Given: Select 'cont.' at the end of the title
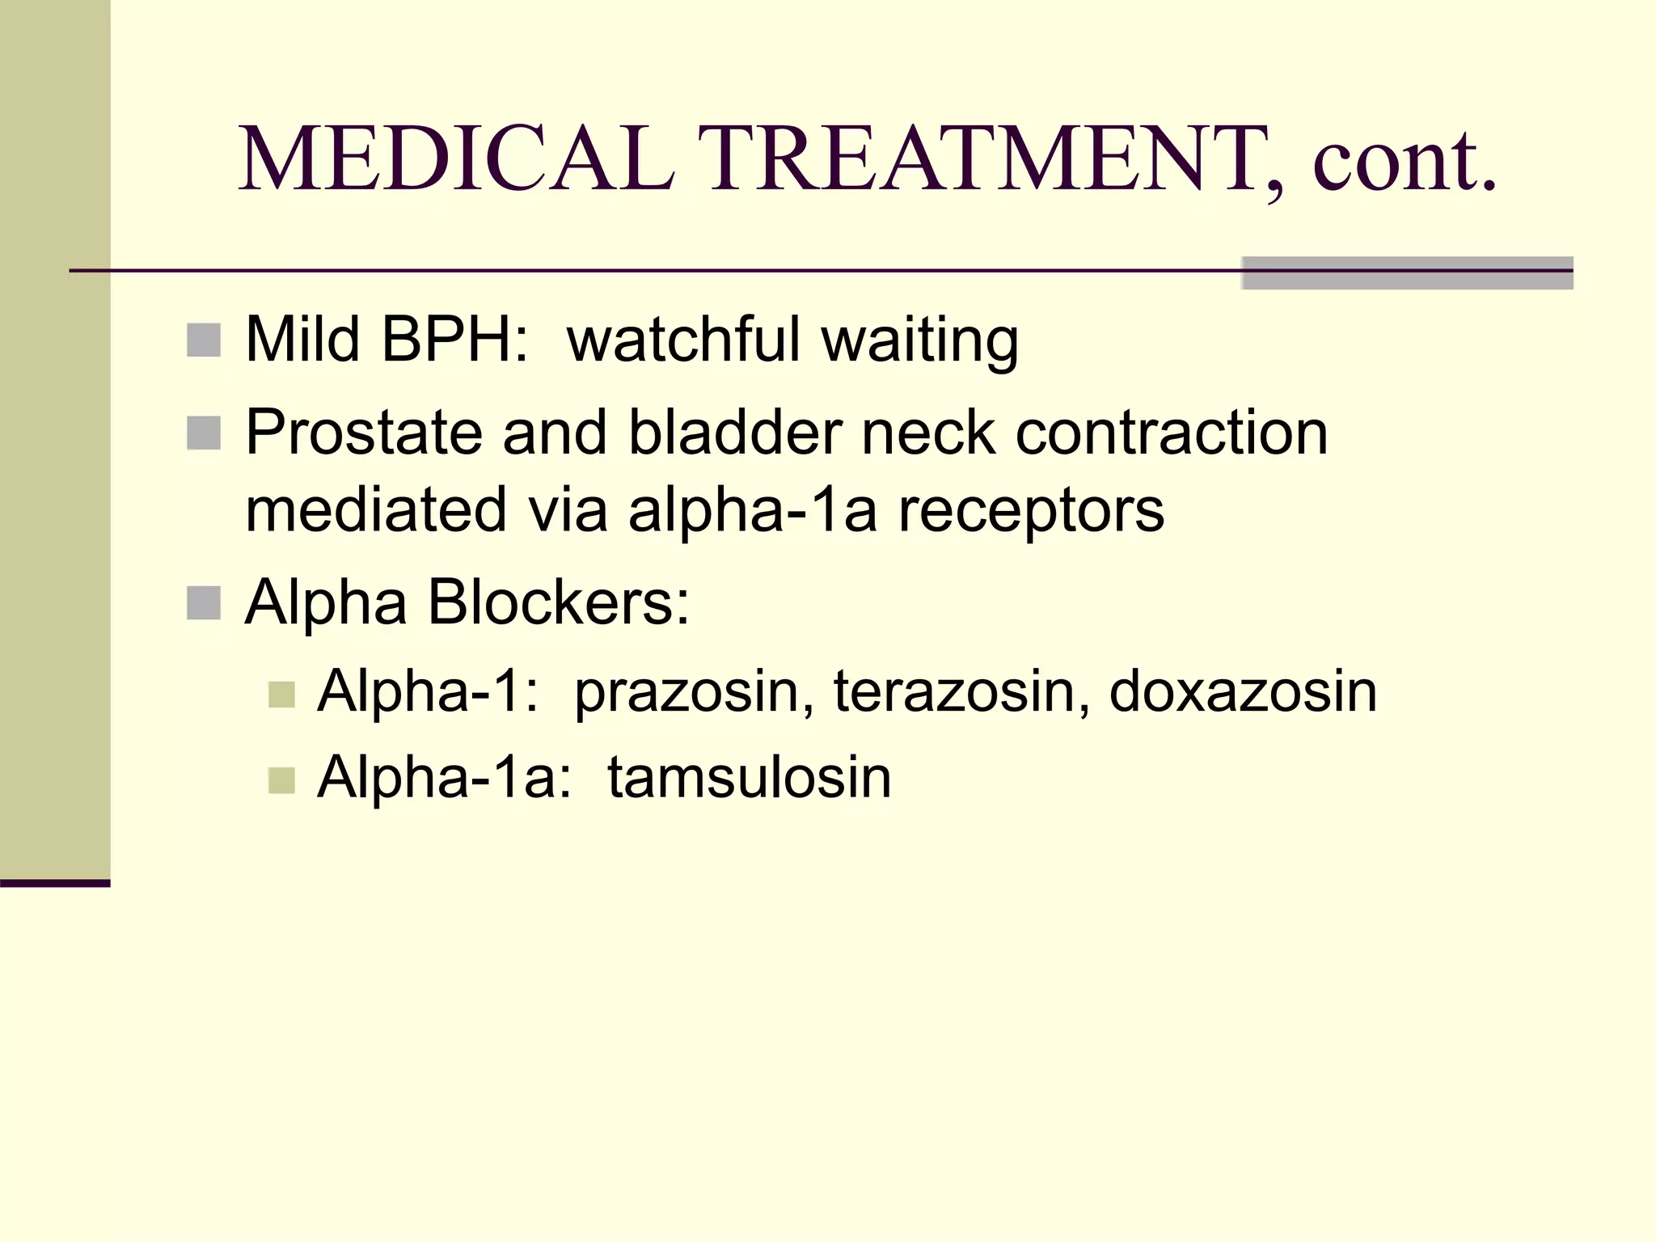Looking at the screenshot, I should tap(1405, 160).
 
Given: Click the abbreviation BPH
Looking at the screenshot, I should tap(455, 340).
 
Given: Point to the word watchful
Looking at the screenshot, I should tap(683, 340).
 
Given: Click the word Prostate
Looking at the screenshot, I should tap(364, 433).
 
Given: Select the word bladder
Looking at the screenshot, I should tap(735, 432).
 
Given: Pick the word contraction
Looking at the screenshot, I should tap(1172, 433).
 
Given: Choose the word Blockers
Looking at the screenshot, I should tap(558, 602).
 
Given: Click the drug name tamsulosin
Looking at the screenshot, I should tap(749, 778).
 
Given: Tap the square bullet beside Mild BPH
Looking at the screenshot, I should tap(204, 340).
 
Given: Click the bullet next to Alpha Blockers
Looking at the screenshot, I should tap(204, 603).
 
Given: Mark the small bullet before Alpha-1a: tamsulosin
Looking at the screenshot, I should tap(281, 780).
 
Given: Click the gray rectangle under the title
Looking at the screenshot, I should tap(1407, 273).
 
